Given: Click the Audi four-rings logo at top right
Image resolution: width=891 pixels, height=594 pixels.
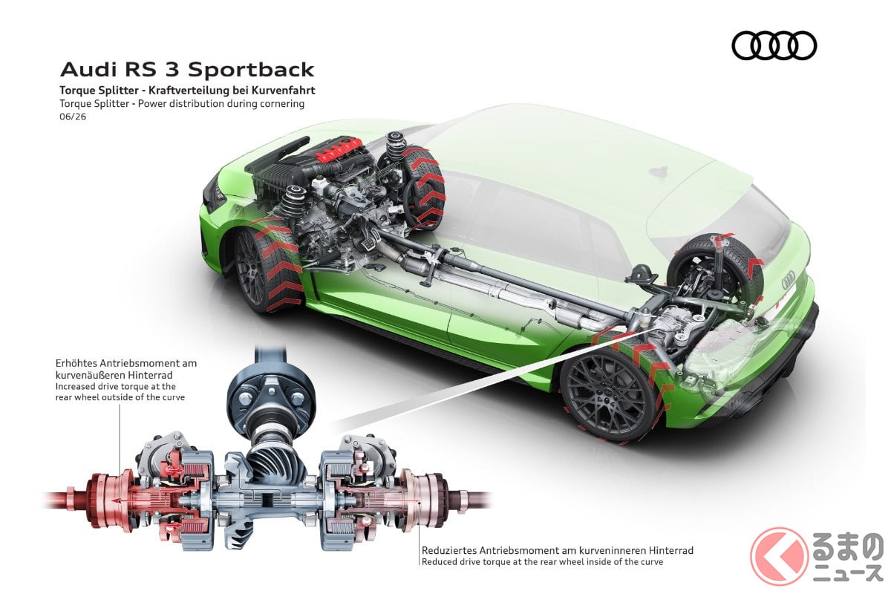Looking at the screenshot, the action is pos(774,45).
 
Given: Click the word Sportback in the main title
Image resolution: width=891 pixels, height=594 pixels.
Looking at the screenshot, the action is pos(251,70).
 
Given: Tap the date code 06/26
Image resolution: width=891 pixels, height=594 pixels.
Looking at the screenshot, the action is pos(73,117).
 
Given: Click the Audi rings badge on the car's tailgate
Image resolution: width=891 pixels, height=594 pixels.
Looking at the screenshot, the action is pos(788,280).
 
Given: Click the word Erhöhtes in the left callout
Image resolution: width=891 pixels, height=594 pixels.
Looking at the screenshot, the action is pos(77,364).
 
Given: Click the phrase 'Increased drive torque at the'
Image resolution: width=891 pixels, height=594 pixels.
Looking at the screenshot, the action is pos(116,386).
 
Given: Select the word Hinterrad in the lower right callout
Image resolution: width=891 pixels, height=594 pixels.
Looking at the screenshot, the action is pos(671,551).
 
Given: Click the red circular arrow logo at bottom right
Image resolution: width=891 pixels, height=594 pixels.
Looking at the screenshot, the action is pos(779,556).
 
